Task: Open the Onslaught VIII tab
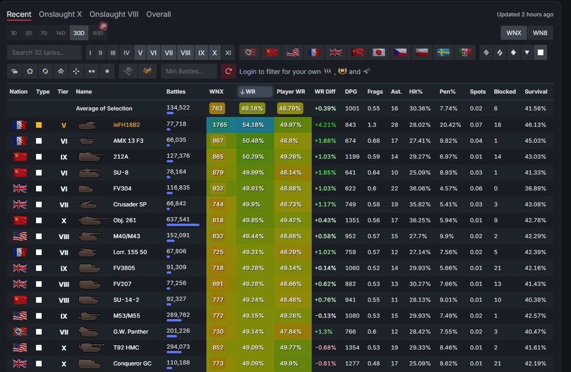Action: pyautogui.click(x=114, y=14)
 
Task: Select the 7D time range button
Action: pyautogui.click(x=44, y=33)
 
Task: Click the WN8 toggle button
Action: pyautogui.click(x=540, y=33)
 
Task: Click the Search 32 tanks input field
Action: pyautogui.click(x=44, y=52)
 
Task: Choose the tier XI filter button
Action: pyautogui.click(x=228, y=52)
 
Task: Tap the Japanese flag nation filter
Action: pyautogui.click(x=379, y=52)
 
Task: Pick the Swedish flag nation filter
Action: pyautogui.click(x=443, y=52)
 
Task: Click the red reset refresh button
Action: pyautogui.click(x=228, y=71)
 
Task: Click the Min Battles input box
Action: pyautogui.click(x=189, y=71)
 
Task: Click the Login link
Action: pyautogui.click(x=248, y=72)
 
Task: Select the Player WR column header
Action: pyautogui.click(x=291, y=91)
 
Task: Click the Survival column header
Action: pyautogui.click(x=536, y=91)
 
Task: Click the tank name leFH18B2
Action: pyautogui.click(x=126, y=124)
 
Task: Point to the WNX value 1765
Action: pyautogui.click(x=220, y=124)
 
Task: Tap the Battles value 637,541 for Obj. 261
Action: pyautogui.click(x=178, y=219)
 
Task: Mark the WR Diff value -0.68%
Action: pyautogui.click(x=326, y=347)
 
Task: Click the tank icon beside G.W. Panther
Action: pyautogui.click(x=88, y=332)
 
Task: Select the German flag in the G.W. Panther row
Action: pyautogui.click(x=20, y=331)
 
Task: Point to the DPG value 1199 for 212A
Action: pyautogui.click(x=352, y=156)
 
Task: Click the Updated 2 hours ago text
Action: pyautogui.click(x=525, y=15)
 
